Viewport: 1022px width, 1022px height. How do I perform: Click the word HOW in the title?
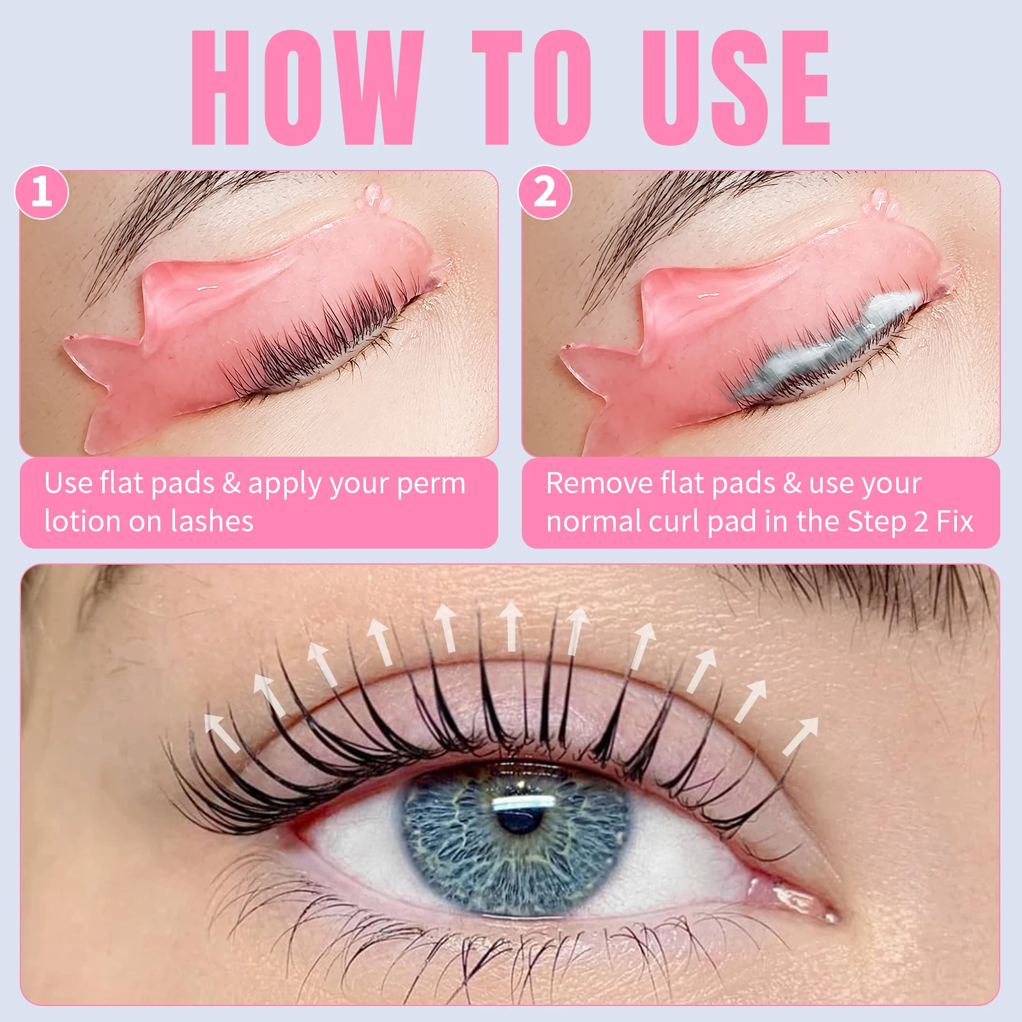point(307,88)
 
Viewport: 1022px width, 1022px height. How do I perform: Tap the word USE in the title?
point(735,88)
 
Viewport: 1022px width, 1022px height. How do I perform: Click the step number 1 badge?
point(42,191)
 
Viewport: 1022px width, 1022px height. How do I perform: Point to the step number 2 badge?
point(545,191)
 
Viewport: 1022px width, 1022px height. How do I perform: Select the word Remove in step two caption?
point(598,484)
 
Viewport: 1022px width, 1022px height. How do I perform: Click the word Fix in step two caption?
point(955,521)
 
